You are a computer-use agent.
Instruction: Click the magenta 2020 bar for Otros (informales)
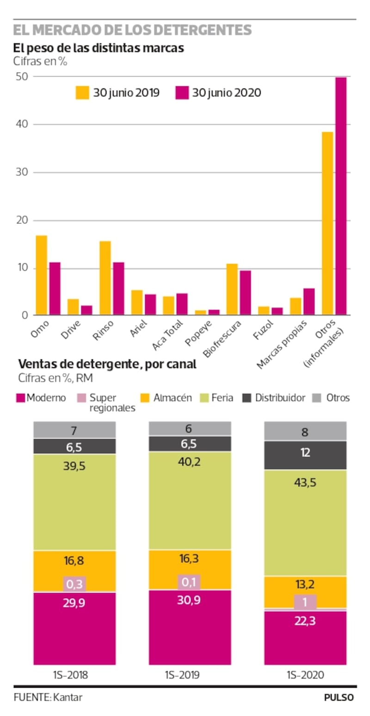tap(341, 196)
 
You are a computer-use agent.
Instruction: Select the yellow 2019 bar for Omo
tap(42, 275)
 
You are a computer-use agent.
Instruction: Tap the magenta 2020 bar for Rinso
tap(118, 289)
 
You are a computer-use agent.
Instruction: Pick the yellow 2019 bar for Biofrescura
tap(232, 290)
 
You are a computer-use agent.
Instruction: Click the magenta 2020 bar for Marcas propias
tap(309, 302)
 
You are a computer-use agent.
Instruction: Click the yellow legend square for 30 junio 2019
tap(82, 92)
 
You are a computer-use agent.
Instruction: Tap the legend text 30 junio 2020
tap(226, 93)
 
